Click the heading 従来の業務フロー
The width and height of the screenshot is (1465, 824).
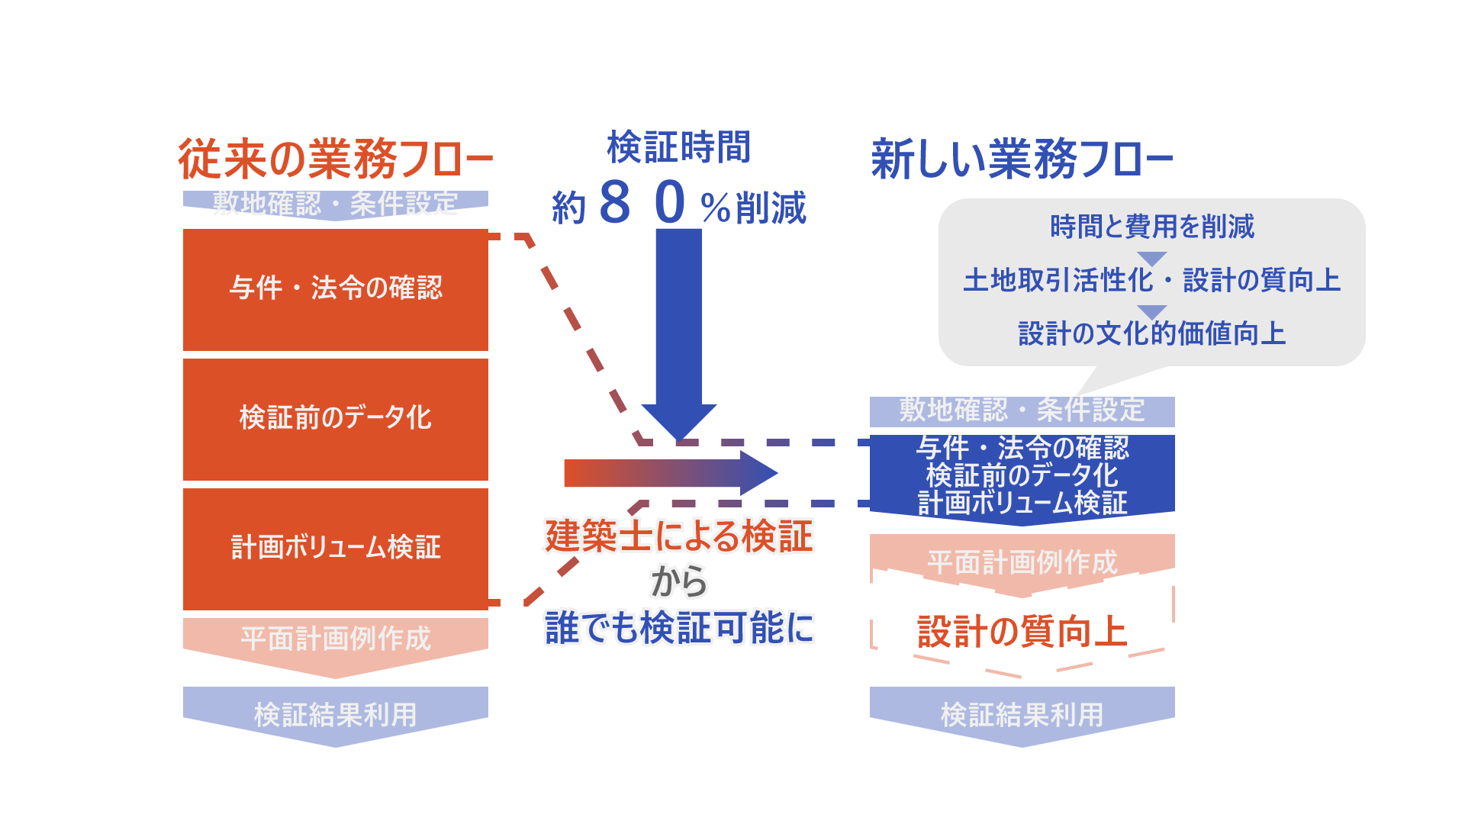point(336,159)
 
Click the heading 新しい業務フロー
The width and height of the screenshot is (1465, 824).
point(1022,159)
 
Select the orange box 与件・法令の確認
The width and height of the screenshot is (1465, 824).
point(336,289)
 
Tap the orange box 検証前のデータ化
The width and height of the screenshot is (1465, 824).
point(336,419)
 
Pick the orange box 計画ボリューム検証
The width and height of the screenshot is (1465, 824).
point(336,549)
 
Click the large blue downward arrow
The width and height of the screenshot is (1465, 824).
point(678,328)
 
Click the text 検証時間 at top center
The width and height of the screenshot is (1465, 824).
point(678,146)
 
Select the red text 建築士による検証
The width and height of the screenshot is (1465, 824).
point(678,536)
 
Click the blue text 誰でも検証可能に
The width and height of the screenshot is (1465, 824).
point(678,628)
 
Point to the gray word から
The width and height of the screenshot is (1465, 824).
point(678,582)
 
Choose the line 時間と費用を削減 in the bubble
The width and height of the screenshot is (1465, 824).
point(1151,227)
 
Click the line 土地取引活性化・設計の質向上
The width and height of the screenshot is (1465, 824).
point(1151,280)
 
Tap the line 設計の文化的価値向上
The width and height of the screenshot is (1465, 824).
point(1151,333)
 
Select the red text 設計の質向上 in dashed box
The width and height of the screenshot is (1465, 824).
point(1022,632)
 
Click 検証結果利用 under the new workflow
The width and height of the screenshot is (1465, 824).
point(1022,715)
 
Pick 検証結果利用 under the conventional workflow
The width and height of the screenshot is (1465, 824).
point(336,715)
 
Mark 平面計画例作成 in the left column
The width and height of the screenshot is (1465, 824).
point(336,639)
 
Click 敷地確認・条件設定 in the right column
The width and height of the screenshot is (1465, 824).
point(1022,410)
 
